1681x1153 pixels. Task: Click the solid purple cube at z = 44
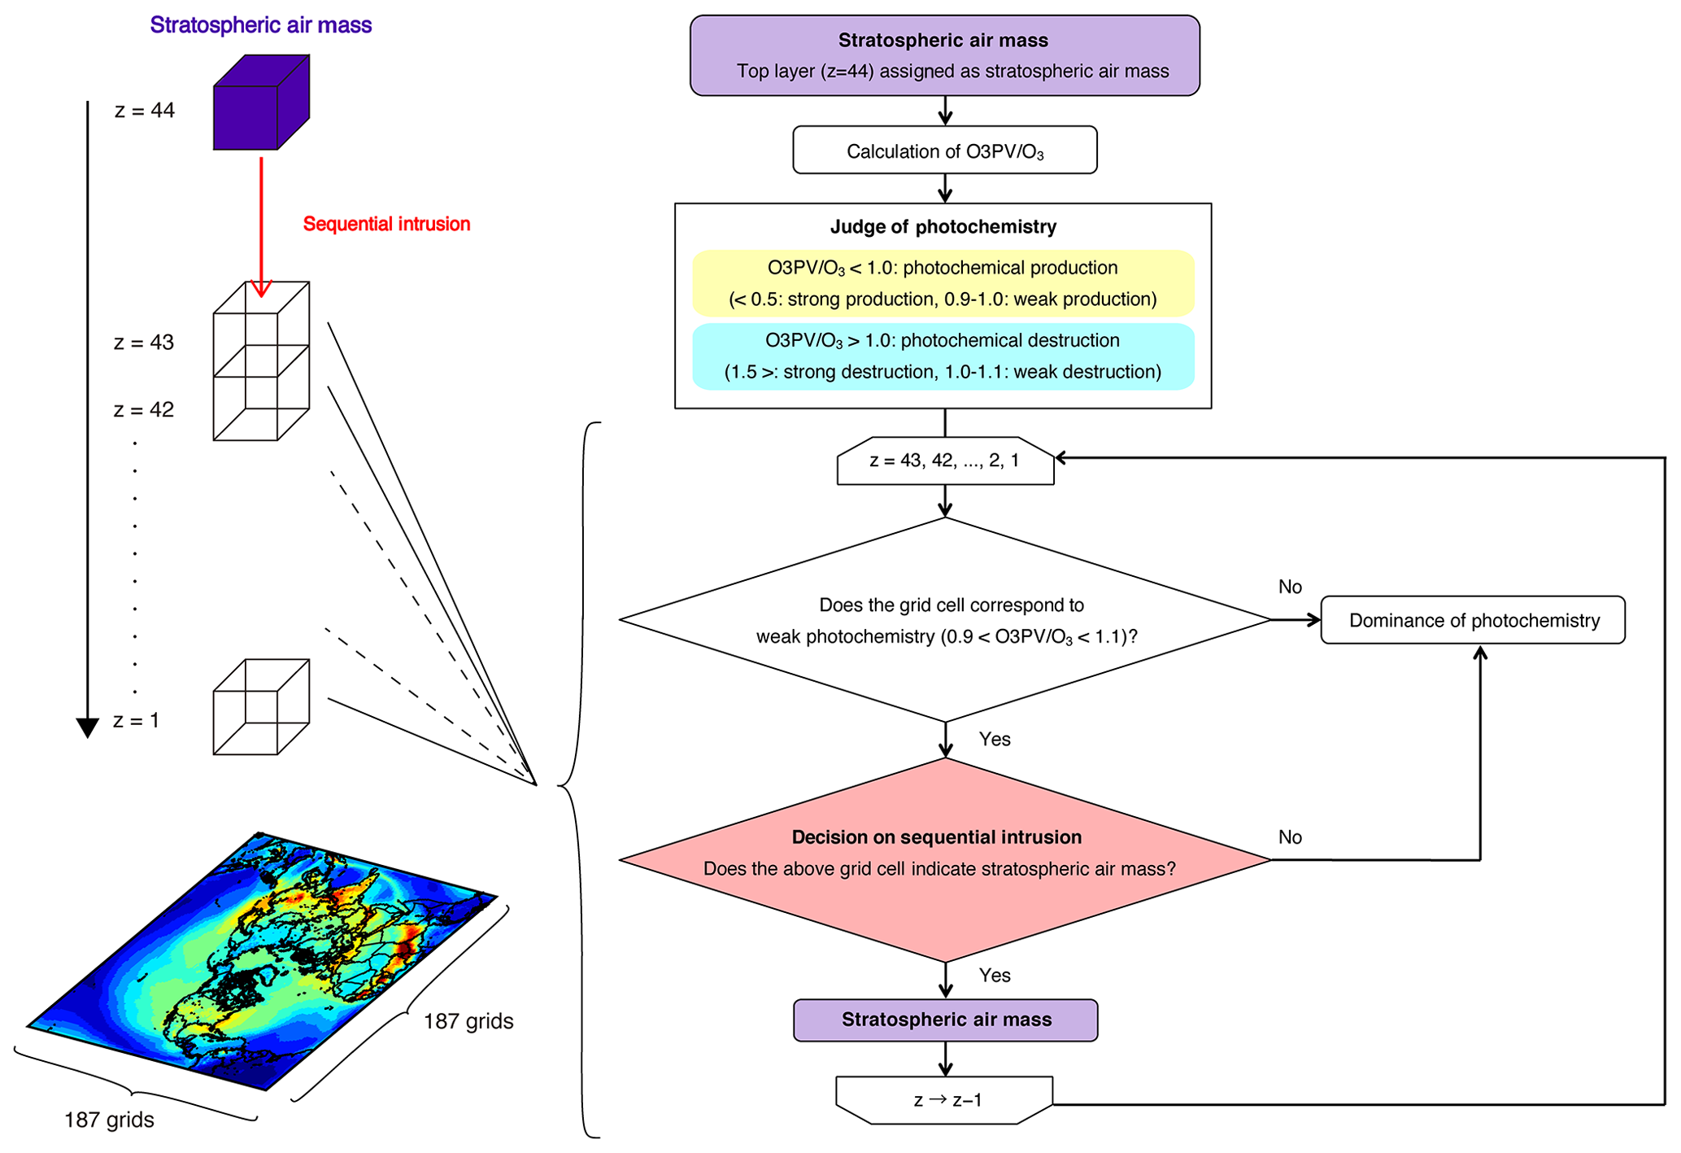pos(260,103)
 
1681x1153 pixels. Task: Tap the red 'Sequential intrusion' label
pos(386,224)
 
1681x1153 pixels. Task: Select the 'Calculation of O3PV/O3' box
pos(944,151)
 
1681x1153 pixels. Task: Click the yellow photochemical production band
pos(943,283)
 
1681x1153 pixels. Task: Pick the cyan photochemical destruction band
pos(943,356)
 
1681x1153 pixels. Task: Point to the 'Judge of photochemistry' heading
pos(943,227)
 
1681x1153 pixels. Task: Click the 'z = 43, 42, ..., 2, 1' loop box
pos(945,461)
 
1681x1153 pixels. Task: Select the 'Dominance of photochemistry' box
pos(1473,620)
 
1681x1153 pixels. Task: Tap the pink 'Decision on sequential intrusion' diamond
pos(944,858)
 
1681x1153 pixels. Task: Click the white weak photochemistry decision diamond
pos(944,620)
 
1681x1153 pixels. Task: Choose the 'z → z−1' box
pos(945,1100)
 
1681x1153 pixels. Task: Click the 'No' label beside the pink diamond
pos(1290,837)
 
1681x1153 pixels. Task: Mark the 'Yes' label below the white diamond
pos(995,739)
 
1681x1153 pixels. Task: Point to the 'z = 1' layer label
pos(136,720)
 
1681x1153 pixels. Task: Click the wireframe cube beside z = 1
pos(260,707)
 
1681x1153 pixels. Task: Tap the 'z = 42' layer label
pos(144,409)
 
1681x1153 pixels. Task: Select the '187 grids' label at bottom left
pos(109,1120)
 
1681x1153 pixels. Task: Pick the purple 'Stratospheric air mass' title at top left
pos(260,25)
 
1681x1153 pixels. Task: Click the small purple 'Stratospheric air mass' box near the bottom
pos(945,1020)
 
